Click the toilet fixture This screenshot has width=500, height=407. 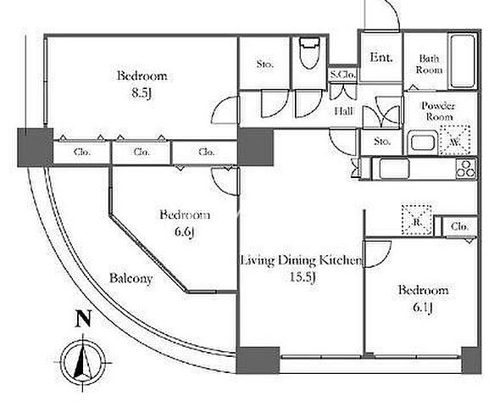pyautogui.click(x=309, y=53)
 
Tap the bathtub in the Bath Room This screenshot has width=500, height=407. pyautogui.click(x=463, y=61)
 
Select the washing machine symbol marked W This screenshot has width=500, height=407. pyautogui.click(x=455, y=141)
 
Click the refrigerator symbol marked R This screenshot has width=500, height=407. pyautogui.click(x=417, y=220)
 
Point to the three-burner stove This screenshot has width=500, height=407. pyautogui.click(x=466, y=169)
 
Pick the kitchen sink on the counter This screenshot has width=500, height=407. pyautogui.click(x=395, y=169)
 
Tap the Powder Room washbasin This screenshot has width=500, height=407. pyautogui.click(x=421, y=142)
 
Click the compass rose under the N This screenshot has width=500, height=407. pyautogui.click(x=84, y=363)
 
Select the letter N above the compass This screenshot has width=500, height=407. pyautogui.click(x=83, y=319)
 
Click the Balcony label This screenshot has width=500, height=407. pyautogui.click(x=131, y=278)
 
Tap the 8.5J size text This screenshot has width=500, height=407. pyautogui.click(x=142, y=93)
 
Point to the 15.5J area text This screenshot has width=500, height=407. pyautogui.click(x=303, y=277)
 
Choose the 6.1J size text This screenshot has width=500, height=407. pyautogui.click(x=423, y=307)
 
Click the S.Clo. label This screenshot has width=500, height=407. pyautogui.click(x=342, y=75)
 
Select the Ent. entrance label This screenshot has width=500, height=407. pyautogui.click(x=381, y=58)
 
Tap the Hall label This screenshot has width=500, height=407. pyautogui.click(x=344, y=111)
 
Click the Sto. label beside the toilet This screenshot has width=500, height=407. pyautogui.click(x=265, y=64)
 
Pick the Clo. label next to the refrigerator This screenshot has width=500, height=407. pyautogui.click(x=460, y=226)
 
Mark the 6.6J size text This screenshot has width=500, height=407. pyautogui.click(x=185, y=231)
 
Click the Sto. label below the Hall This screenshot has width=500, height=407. pyautogui.click(x=381, y=141)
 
